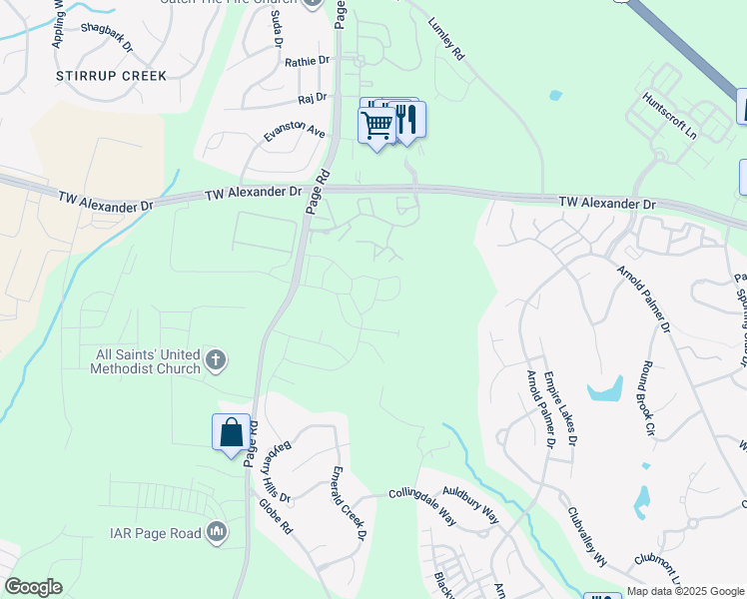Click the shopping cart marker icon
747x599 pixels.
(x=376, y=126)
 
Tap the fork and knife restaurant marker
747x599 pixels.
(x=406, y=121)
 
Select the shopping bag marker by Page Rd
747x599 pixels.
(x=231, y=433)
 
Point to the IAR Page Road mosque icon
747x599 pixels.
(x=217, y=533)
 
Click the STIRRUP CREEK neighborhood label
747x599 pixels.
(x=111, y=76)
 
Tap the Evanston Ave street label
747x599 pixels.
(x=294, y=133)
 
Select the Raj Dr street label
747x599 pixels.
(x=313, y=98)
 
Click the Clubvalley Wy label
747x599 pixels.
(x=587, y=538)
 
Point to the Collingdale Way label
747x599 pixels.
(x=421, y=494)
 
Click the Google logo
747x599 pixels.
(x=33, y=587)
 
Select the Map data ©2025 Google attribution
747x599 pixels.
(x=684, y=591)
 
